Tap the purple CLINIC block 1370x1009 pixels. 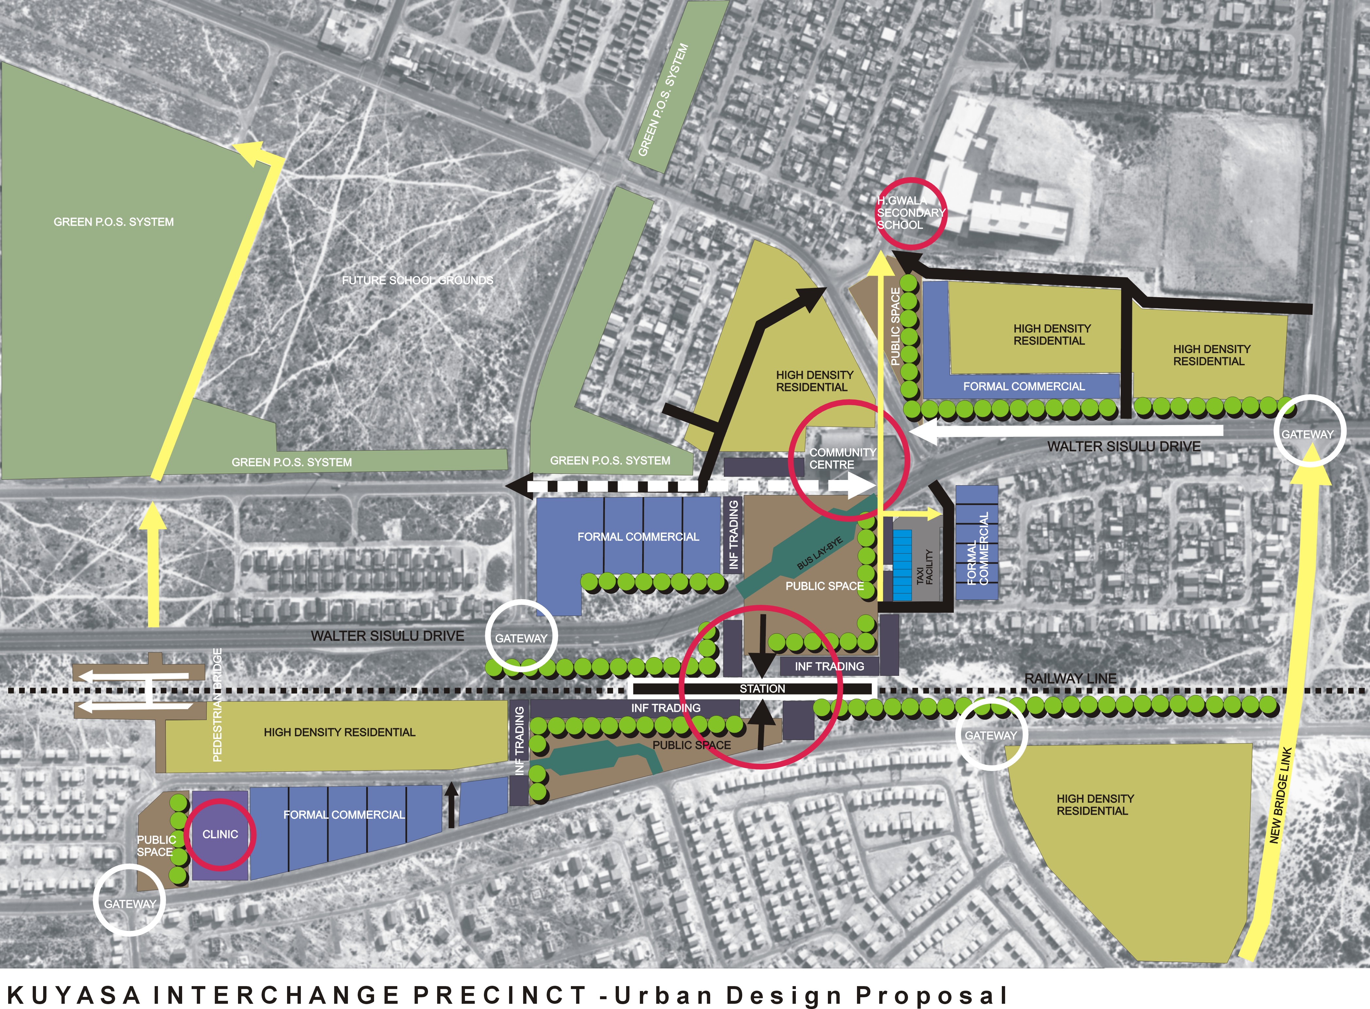point(220,834)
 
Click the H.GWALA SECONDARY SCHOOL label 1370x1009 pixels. point(910,213)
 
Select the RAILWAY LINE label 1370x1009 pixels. point(1070,678)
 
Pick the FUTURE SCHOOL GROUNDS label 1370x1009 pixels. point(417,280)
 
